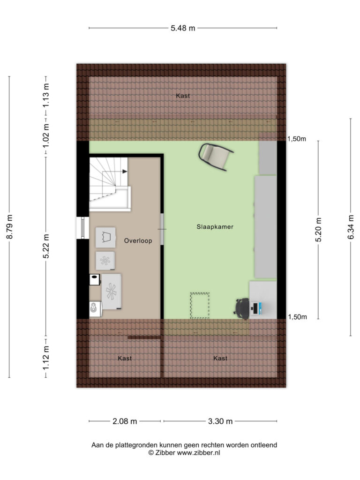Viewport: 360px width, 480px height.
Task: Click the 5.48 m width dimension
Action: click(x=183, y=28)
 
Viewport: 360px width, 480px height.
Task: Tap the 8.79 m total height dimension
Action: click(x=10, y=227)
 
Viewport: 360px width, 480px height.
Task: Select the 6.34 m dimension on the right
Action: click(x=351, y=227)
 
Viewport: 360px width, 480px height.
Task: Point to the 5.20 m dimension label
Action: click(x=319, y=230)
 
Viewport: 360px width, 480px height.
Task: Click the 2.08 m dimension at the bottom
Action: click(x=125, y=421)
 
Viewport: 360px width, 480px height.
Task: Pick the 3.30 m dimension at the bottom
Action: click(x=220, y=421)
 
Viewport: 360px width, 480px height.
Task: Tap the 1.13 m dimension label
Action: click(x=46, y=96)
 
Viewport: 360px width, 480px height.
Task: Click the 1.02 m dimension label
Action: click(x=46, y=135)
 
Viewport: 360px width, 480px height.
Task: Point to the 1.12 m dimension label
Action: click(x=46, y=357)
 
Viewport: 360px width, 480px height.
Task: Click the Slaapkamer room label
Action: click(x=215, y=227)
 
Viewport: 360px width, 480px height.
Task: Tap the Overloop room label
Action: click(x=138, y=241)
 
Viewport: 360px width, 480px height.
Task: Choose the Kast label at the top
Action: click(x=183, y=96)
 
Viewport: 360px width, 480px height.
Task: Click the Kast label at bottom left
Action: click(x=125, y=358)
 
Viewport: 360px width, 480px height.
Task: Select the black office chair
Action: click(x=242, y=308)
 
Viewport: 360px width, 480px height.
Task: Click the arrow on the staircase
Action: click(x=125, y=172)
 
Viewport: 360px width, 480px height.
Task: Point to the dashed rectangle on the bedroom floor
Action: click(x=200, y=306)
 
